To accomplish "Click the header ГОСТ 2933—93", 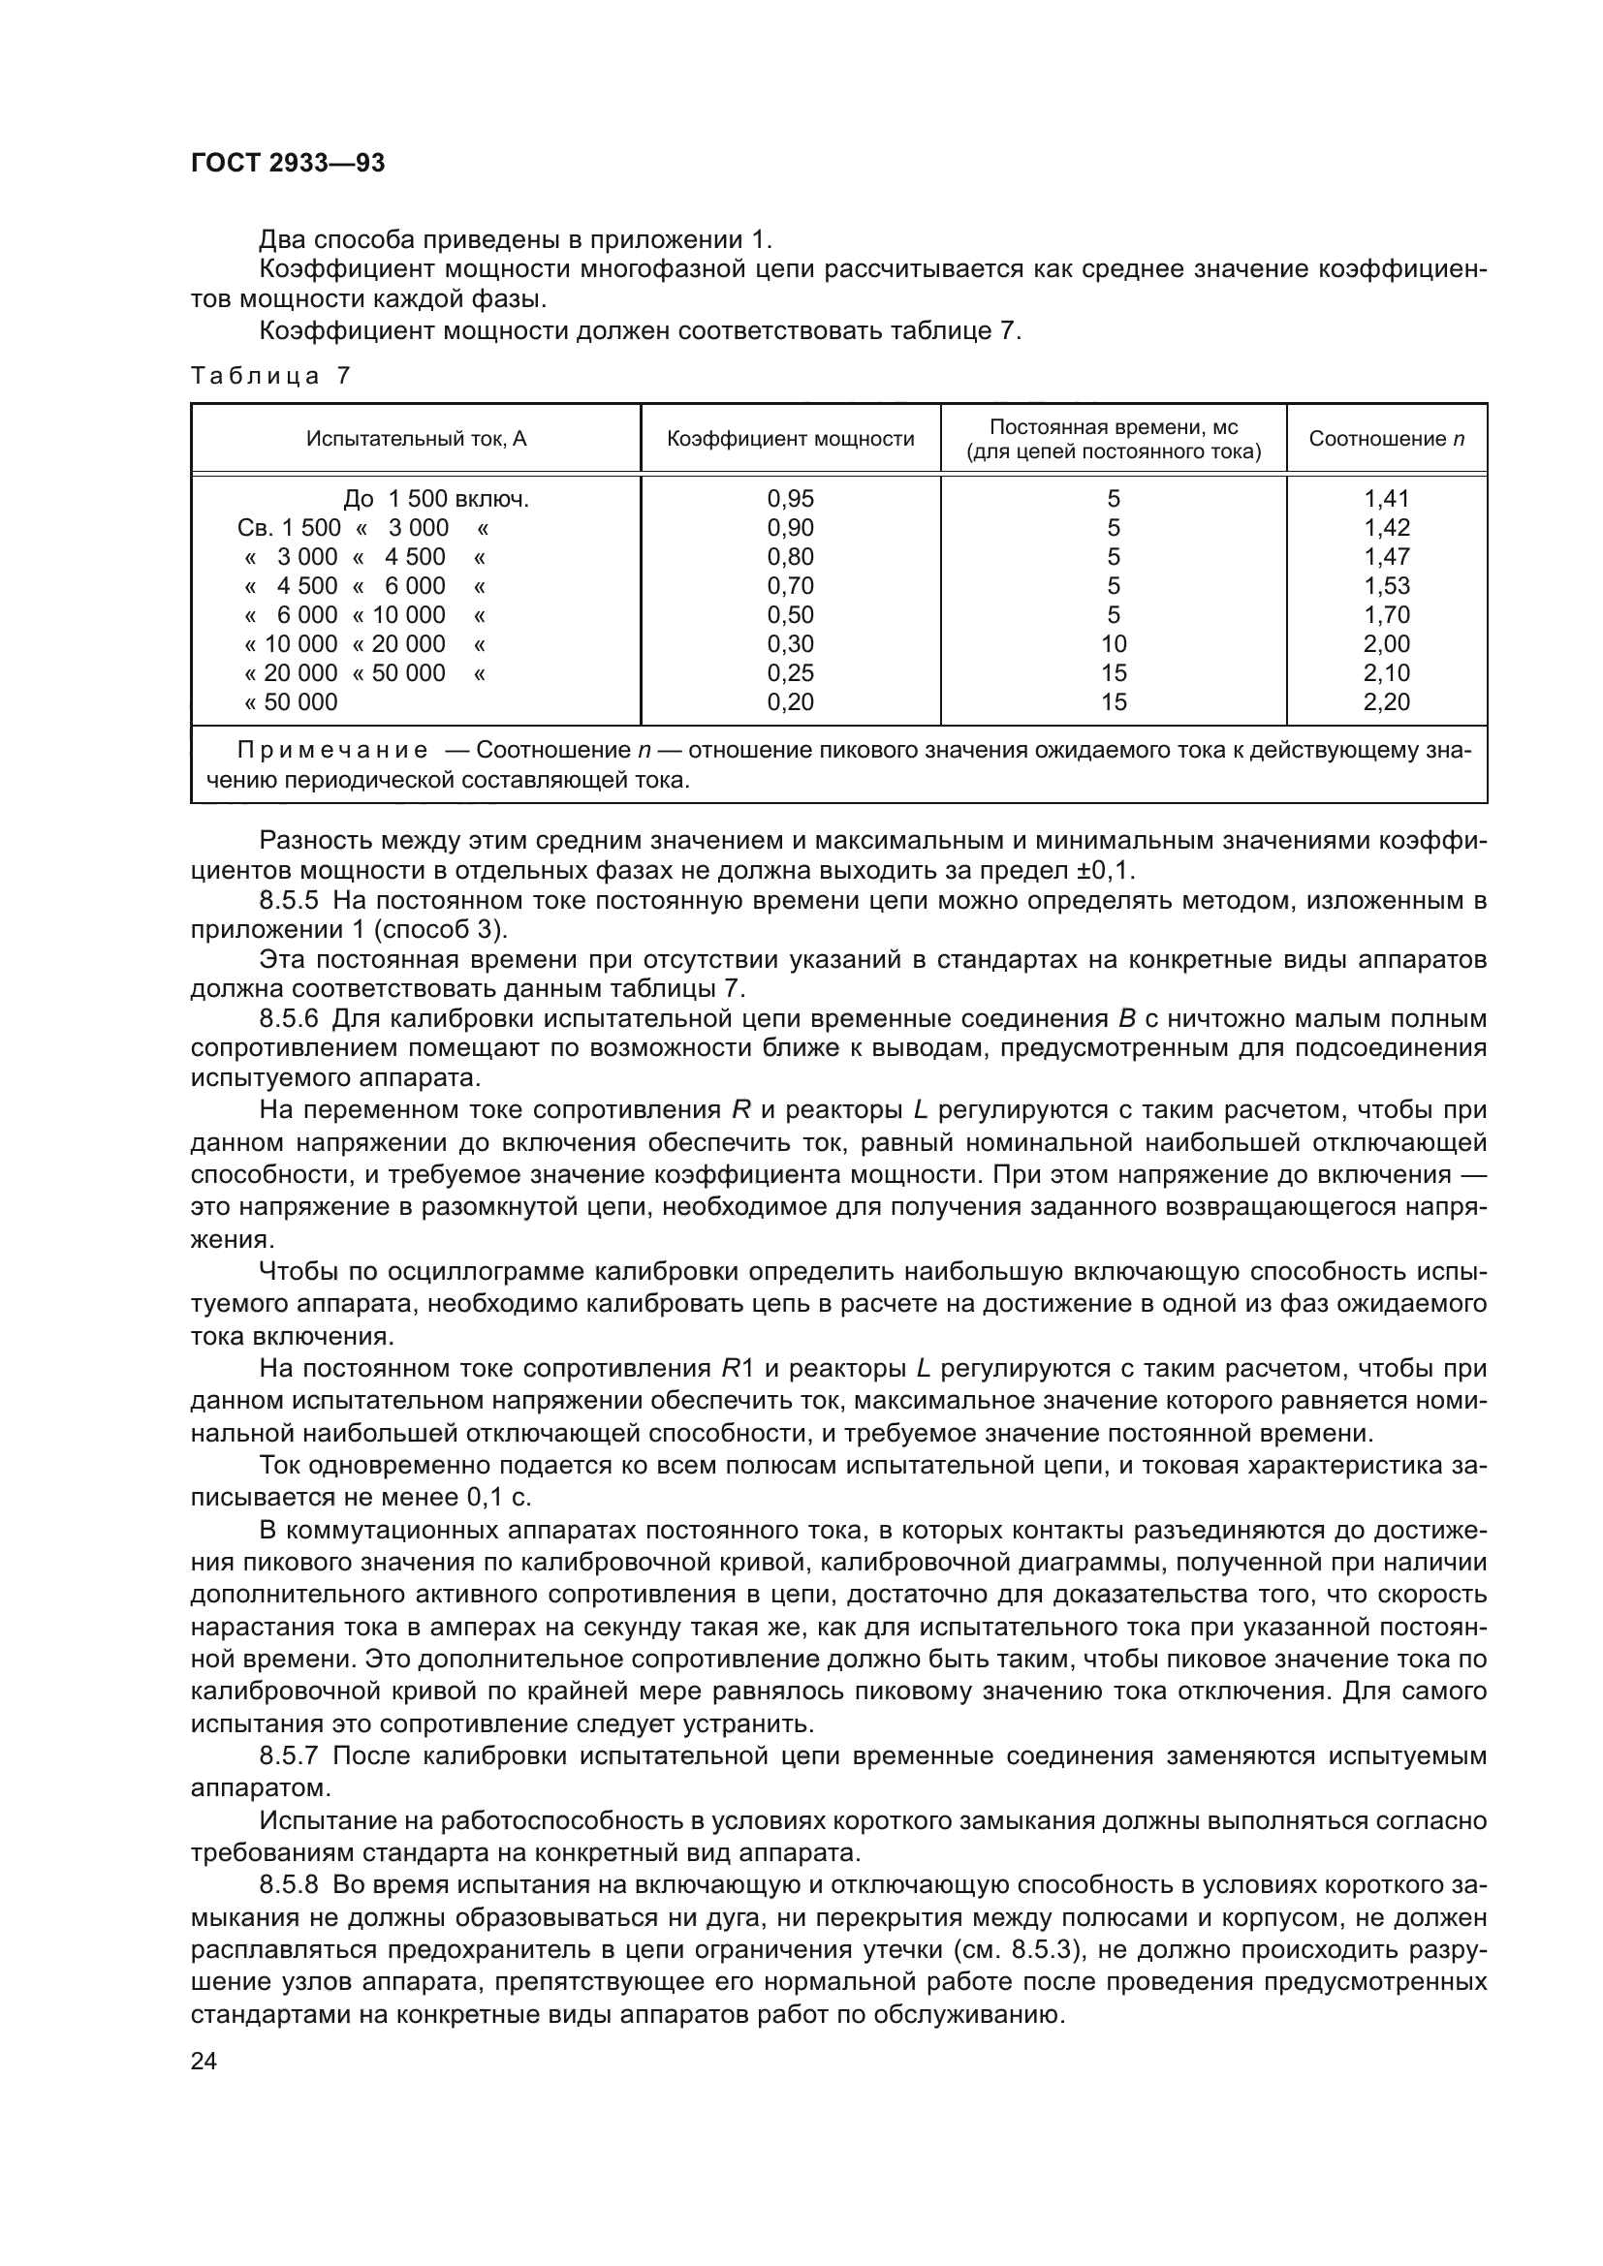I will point(287,163).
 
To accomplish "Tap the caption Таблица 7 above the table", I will point(270,376).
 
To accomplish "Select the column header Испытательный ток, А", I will point(416,439).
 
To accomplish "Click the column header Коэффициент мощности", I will point(791,439).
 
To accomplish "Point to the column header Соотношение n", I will point(1386,439).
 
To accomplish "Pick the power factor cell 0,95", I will point(791,499).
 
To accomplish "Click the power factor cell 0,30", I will point(791,644).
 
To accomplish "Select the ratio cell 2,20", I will point(1387,702).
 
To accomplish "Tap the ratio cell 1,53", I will point(1387,586).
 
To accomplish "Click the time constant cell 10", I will point(1114,644).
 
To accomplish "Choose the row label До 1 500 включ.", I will point(436,499).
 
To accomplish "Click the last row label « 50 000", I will point(291,702).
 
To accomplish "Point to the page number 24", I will point(204,2061).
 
